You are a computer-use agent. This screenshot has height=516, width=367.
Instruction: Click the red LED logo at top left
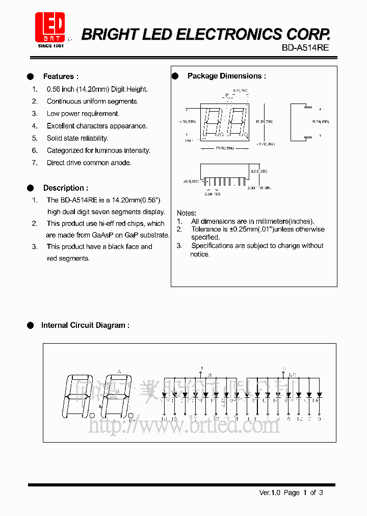click(49, 27)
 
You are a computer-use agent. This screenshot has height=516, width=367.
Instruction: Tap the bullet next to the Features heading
click(30, 76)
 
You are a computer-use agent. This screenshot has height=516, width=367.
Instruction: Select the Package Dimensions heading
click(226, 76)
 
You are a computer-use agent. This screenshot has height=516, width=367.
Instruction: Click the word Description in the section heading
click(63, 188)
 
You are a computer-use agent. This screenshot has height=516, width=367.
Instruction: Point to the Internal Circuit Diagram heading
click(85, 325)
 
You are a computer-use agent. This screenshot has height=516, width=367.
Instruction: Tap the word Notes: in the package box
click(187, 213)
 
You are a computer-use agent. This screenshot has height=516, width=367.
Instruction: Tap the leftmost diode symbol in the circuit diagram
click(164, 395)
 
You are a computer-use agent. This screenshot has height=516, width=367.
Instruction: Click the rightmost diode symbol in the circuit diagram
click(319, 395)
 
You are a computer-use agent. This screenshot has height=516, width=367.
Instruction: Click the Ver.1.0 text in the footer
click(270, 493)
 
